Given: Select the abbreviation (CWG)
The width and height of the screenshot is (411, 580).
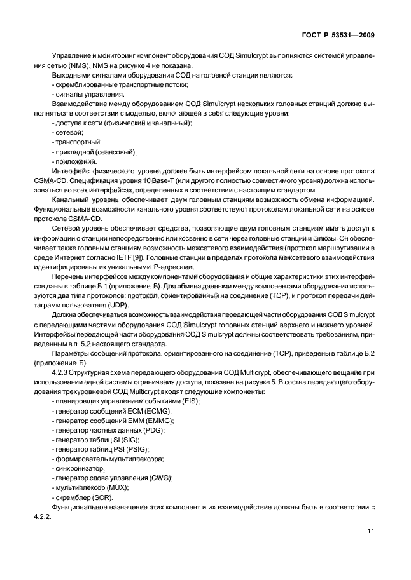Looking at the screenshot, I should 157,476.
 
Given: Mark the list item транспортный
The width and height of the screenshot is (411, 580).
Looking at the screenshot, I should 76,143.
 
